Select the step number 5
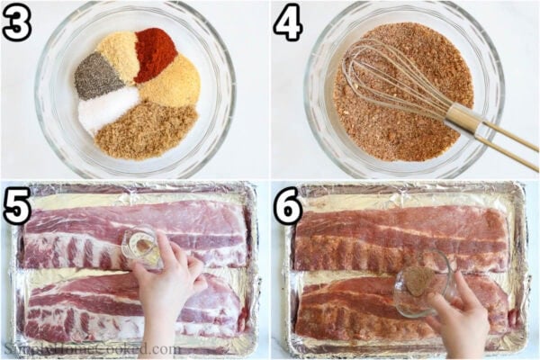point(18,206)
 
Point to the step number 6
point(289,206)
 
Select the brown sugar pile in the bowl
point(146,128)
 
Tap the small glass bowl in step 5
point(142,245)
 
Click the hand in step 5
point(171,288)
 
